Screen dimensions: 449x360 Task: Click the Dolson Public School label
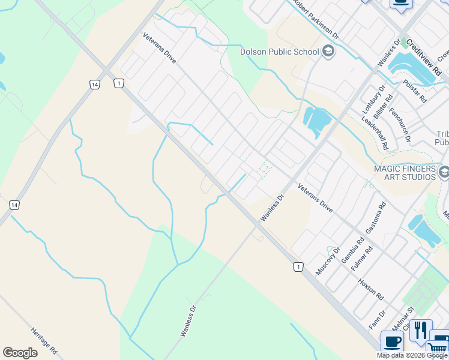click(280, 52)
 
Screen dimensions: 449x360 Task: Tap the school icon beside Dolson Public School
click(328, 52)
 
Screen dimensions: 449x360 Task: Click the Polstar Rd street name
click(415, 91)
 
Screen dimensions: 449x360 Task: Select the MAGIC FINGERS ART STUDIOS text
click(405, 173)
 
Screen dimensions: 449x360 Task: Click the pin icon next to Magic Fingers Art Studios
click(444, 173)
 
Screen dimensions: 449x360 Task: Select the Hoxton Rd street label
click(370, 288)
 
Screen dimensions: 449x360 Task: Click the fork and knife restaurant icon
click(420, 331)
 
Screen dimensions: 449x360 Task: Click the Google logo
click(20, 353)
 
